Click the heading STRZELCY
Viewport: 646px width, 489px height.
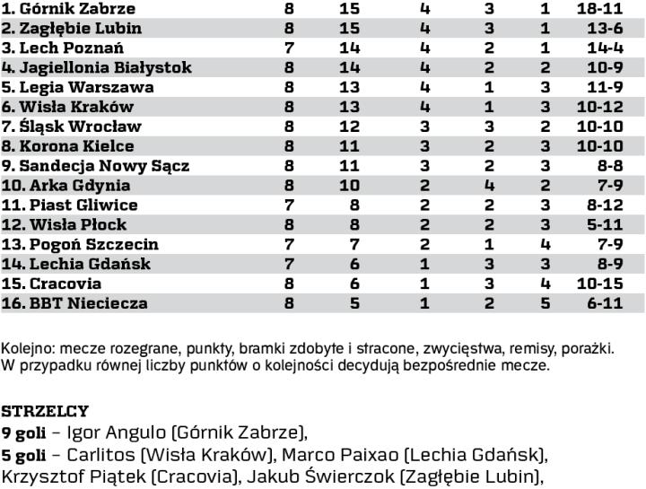coord(45,412)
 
